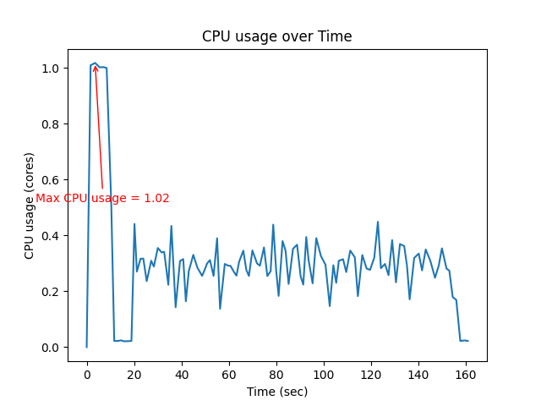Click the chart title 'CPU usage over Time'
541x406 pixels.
[x=276, y=36]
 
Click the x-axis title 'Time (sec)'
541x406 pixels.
[x=276, y=392]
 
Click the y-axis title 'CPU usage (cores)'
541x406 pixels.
[x=30, y=206]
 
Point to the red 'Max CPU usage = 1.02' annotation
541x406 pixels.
[x=102, y=198]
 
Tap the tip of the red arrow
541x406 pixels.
[x=95, y=65]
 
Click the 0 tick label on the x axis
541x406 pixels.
[x=86, y=375]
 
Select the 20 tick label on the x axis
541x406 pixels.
[x=134, y=375]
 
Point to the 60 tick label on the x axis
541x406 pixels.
[x=228, y=375]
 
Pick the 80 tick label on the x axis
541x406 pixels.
[x=276, y=375]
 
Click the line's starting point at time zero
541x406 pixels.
[x=86, y=347]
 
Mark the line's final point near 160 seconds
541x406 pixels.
[x=468, y=341]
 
